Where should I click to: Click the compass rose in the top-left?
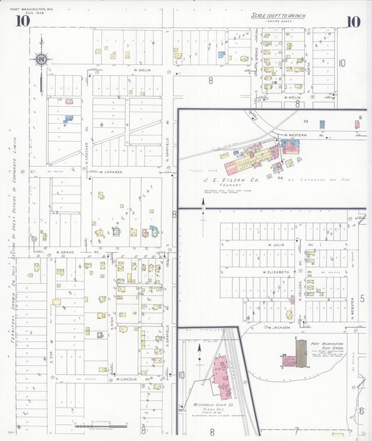(42, 59)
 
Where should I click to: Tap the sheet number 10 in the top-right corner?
(353, 21)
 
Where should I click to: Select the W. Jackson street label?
(277, 327)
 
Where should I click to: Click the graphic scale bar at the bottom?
(101, 425)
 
